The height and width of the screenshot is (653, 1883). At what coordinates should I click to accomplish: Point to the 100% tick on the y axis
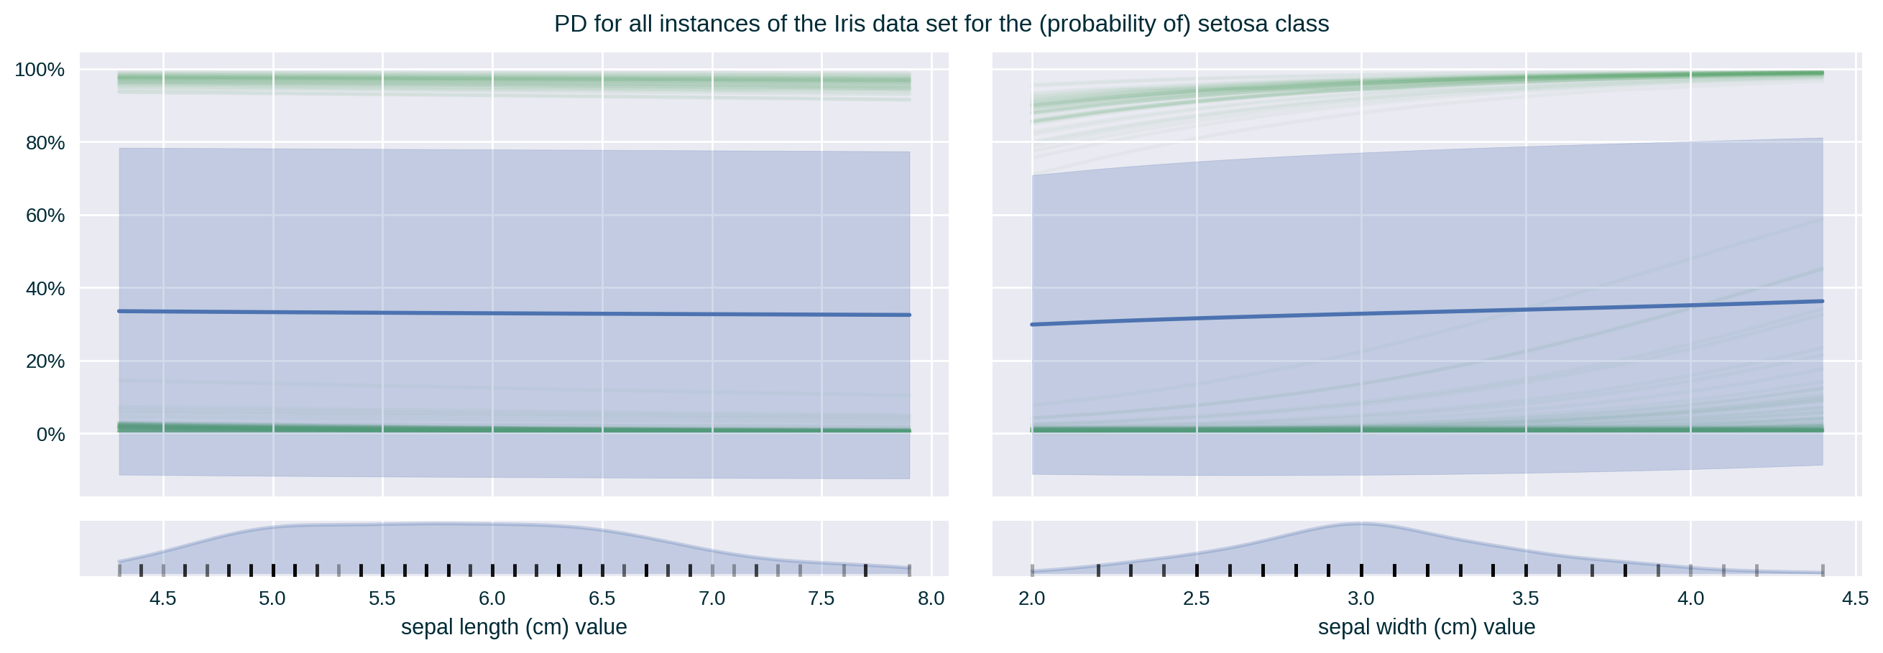point(40,70)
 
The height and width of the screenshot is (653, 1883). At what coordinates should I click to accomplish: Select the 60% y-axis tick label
point(45,216)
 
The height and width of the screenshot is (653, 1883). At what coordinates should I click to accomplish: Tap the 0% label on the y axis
point(50,435)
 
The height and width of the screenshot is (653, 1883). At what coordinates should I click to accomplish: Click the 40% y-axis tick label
point(45,289)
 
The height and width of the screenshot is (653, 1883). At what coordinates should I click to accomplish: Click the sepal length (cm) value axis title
point(513,626)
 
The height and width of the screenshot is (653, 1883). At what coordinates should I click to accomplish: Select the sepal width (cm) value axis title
point(1426,626)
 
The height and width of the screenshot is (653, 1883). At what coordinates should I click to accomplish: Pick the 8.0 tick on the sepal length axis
point(931,599)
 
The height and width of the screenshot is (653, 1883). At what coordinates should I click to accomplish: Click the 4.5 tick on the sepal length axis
point(162,599)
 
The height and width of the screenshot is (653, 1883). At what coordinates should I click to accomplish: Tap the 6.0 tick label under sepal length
point(492,599)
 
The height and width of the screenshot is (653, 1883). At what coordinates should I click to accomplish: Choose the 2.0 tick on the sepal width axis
point(1031,599)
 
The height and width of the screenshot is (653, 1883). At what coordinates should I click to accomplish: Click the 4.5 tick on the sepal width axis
point(1854,599)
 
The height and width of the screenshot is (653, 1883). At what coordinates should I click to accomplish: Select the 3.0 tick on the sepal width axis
point(1361,599)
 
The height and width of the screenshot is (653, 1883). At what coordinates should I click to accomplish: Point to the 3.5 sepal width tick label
point(1526,599)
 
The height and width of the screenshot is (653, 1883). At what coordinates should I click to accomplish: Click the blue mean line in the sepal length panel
point(512,313)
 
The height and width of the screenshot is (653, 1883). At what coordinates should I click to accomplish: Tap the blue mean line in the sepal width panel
point(1425,312)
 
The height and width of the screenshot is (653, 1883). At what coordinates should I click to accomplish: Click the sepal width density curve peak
point(1358,523)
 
